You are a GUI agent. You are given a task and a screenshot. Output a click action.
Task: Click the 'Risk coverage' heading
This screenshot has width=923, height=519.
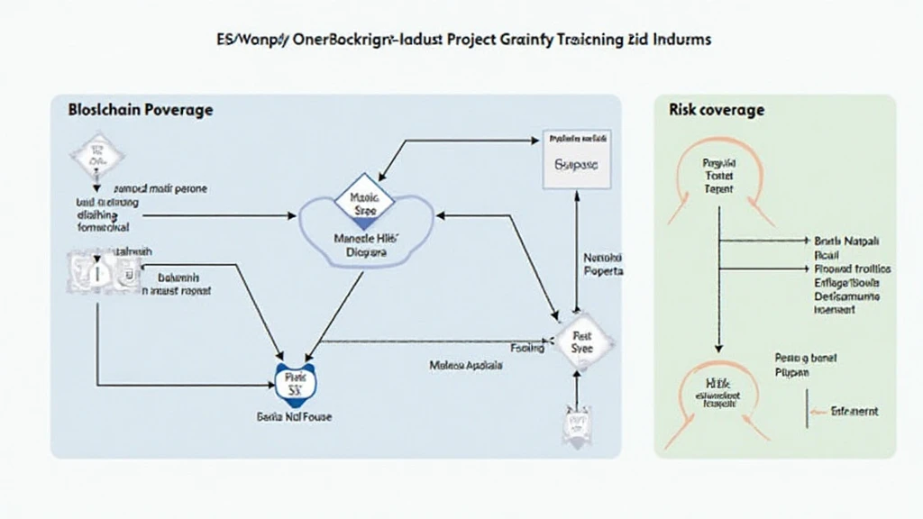(717, 110)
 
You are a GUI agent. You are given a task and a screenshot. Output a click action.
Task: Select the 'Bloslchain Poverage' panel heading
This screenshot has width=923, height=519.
(140, 110)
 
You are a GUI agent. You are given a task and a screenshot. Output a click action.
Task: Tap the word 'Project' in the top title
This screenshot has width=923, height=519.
(455, 41)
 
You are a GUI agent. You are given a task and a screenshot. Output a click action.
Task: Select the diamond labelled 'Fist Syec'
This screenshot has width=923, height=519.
(582, 340)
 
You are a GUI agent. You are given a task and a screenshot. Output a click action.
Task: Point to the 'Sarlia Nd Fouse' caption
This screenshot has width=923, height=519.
(295, 418)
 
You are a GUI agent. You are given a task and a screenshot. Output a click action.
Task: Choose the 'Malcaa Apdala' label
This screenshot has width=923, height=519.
(465, 367)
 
